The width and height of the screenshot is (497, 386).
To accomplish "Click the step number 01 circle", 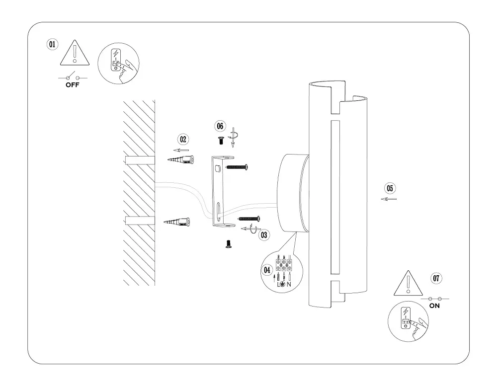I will pyautogui.click(x=52, y=44).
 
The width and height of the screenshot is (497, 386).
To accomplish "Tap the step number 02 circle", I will pyautogui.click(x=183, y=139).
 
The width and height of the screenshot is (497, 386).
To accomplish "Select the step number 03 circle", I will pyautogui.click(x=264, y=234).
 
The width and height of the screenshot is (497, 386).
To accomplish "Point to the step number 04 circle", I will pyautogui.click(x=267, y=270).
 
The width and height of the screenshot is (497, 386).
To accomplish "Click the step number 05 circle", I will pyautogui.click(x=390, y=188).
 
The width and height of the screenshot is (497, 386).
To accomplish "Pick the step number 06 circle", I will pyautogui.click(x=220, y=126).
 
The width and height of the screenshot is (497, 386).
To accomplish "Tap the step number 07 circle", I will pyautogui.click(x=436, y=278).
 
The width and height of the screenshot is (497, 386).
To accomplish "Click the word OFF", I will pyautogui.click(x=73, y=85).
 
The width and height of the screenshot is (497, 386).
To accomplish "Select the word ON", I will pyautogui.click(x=434, y=306).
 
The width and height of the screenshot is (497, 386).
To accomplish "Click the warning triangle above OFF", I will pyautogui.click(x=74, y=53).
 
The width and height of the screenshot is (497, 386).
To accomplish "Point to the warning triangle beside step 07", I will pyautogui.click(x=408, y=285).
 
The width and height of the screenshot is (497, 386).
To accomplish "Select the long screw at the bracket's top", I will pyautogui.click(x=237, y=167).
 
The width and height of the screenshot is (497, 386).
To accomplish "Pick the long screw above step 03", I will pyautogui.click(x=249, y=218).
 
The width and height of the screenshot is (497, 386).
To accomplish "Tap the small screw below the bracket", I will pyautogui.click(x=228, y=243).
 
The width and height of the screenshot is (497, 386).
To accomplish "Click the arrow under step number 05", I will pyautogui.click(x=389, y=199).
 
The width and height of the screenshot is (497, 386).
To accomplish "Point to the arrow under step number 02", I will pyautogui.click(x=181, y=150).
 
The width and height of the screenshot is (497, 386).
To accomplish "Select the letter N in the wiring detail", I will pyautogui.click(x=289, y=284).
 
